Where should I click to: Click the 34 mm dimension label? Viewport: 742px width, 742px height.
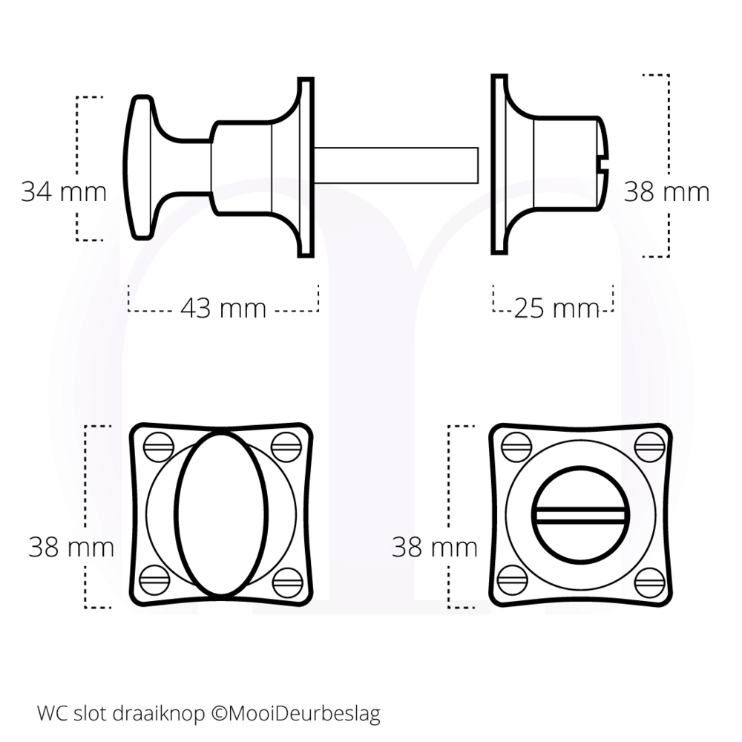pos(63,191)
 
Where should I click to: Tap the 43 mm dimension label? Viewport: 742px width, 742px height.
pos(223,307)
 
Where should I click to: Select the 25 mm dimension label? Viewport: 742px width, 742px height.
pos(556,307)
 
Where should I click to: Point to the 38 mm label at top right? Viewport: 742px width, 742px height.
pos(666,191)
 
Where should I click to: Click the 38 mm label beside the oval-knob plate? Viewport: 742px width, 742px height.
pos(71,548)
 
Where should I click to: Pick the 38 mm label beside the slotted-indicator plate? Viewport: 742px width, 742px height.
pos(435,548)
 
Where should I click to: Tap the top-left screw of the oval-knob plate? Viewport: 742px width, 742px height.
pos(157,446)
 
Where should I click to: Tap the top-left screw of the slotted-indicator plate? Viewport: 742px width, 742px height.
pos(516,446)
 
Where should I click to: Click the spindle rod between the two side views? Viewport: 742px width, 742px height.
pos(397,164)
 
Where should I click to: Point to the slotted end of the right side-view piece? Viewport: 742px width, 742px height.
pos(603,155)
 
